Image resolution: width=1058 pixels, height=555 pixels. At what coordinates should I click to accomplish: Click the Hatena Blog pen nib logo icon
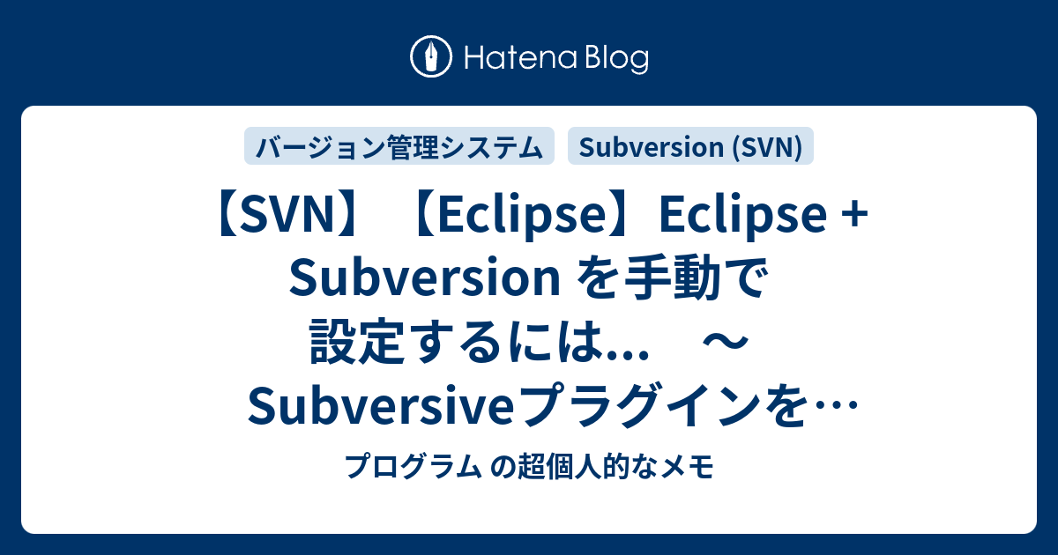coord(431,56)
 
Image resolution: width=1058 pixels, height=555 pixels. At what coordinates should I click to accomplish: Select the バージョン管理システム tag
coord(399,146)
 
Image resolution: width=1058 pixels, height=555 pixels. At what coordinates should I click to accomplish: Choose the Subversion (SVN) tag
coord(690,146)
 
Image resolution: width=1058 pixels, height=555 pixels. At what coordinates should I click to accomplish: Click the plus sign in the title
coord(855,216)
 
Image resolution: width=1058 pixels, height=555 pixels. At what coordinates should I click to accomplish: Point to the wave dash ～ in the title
coord(725,342)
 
